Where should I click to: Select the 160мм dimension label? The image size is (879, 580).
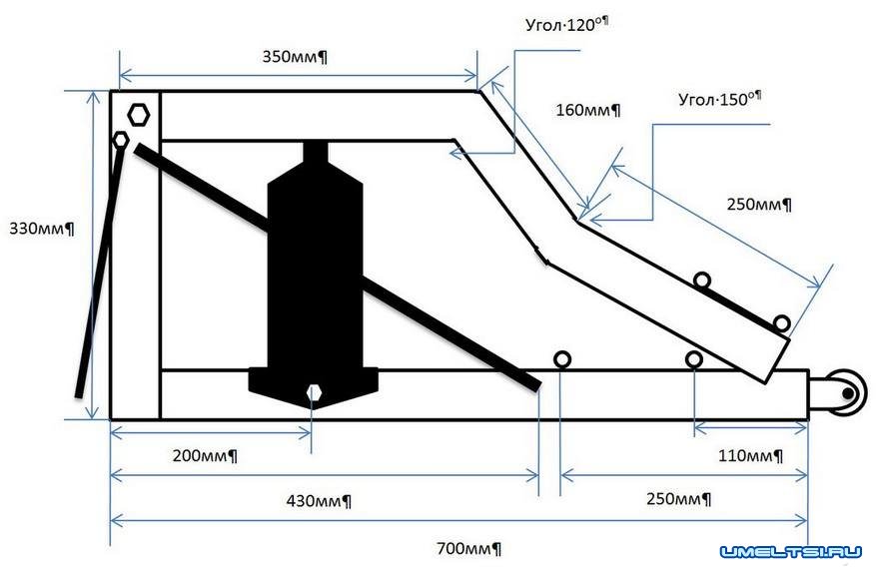tap(588, 110)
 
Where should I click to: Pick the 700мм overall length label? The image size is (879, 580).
tap(468, 548)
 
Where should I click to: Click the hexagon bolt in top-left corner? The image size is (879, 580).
tap(139, 114)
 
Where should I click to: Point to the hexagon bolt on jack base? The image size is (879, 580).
tap(315, 392)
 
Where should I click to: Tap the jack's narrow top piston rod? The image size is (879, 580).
tap(314, 158)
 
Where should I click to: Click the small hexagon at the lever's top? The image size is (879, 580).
tap(120, 140)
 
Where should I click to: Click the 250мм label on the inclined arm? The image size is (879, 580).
tap(759, 205)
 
